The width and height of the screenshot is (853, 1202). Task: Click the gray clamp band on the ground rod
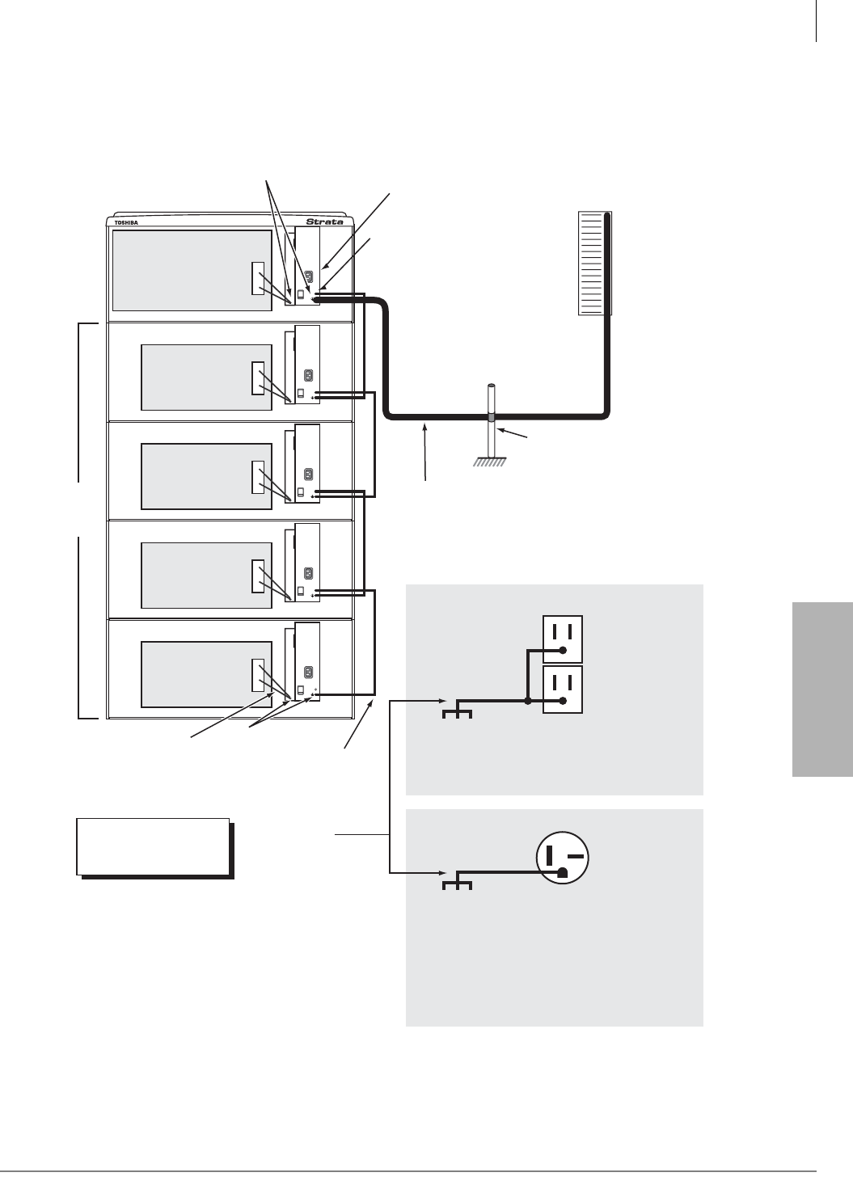491,418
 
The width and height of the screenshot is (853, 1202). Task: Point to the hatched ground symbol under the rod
490,463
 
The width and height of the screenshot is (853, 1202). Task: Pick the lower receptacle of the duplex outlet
562,689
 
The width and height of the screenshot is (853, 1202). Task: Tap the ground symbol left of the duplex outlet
458,711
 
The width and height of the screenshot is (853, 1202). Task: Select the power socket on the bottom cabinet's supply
308,672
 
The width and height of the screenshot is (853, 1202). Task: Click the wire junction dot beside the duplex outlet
528,701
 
